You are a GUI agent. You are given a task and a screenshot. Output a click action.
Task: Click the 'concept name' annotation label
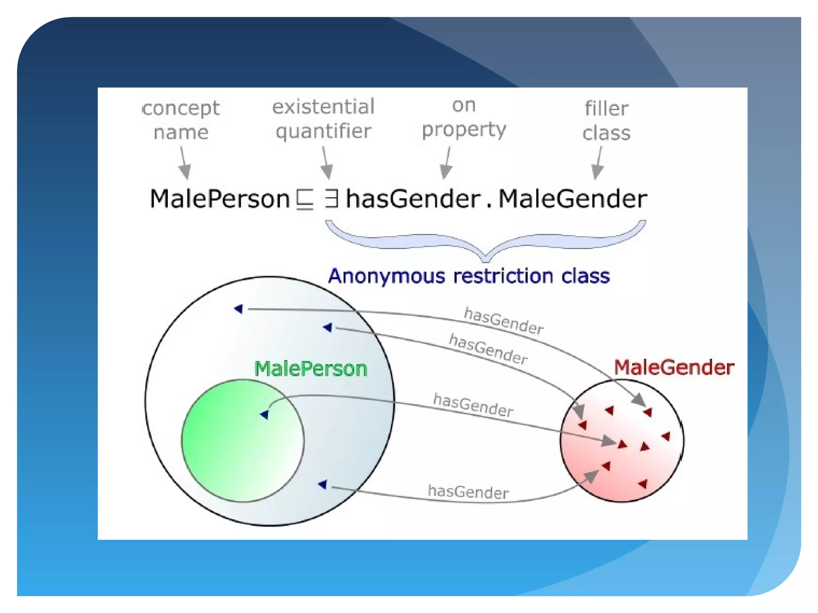point(181,120)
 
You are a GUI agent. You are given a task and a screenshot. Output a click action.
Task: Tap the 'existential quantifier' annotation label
point(323,119)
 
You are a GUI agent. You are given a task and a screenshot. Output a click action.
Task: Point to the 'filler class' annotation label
point(606,121)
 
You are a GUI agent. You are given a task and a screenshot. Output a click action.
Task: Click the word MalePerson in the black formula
point(220,199)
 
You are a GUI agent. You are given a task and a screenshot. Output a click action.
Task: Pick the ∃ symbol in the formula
point(332,199)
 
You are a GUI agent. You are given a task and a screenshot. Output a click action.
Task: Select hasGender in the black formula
point(413,199)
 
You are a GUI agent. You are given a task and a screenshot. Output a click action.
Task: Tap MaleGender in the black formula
point(573,199)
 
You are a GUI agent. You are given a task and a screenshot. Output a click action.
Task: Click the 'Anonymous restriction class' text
point(469,276)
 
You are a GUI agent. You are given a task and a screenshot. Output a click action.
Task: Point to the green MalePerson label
point(311,368)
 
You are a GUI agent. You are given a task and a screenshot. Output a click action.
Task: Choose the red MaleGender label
point(674,367)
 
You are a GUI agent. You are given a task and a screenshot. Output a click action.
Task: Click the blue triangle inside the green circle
point(264,415)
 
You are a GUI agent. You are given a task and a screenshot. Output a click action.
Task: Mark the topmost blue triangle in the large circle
point(239,308)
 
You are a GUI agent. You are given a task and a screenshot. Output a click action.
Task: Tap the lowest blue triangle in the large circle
point(323,484)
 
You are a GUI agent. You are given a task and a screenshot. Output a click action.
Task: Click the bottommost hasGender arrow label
point(468,492)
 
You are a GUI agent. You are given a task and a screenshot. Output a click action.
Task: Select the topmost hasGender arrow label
point(503,321)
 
